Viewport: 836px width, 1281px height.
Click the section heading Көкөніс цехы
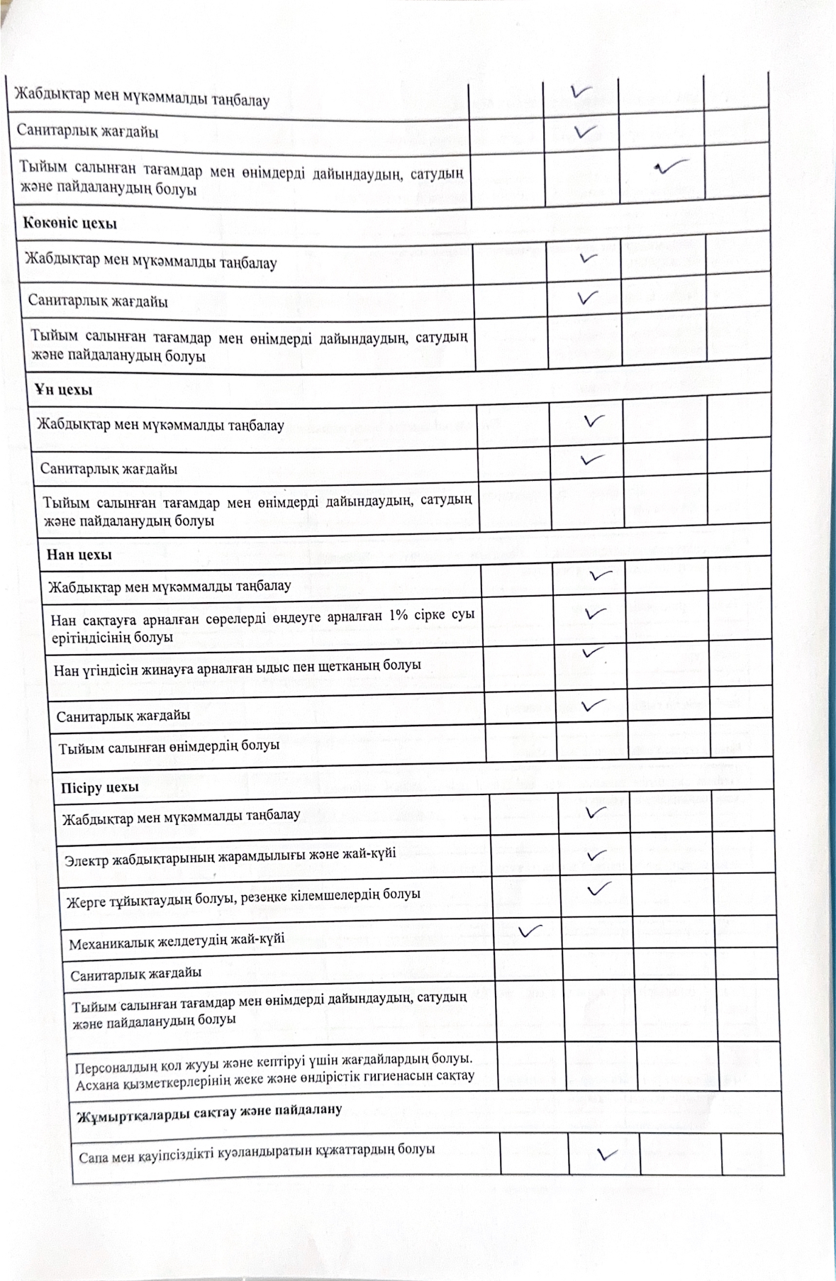pyautogui.click(x=69, y=225)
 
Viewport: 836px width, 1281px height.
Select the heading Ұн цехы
pyautogui.click(x=63, y=390)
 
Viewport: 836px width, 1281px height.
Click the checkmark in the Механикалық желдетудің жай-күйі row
pyautogui.click(x=530, y=931)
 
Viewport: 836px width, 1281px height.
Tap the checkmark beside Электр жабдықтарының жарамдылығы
pyautogui.click(x=597, y=855)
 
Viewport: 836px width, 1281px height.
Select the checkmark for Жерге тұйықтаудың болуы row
pyautogui.click(x=598, y=888)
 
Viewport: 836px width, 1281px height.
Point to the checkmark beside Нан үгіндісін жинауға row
pyautogui.click(x=592, y=650)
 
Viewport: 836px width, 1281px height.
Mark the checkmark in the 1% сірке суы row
pyautogui.click(x=593, y=611)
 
